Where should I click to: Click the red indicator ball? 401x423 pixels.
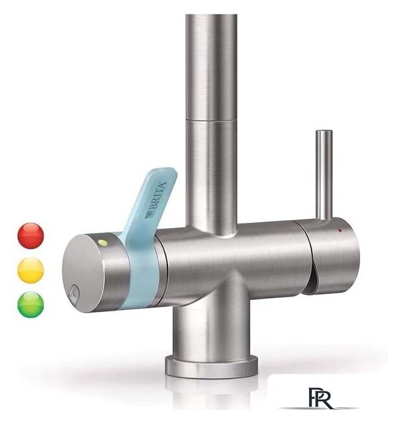point(30,236)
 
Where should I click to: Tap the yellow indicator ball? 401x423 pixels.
point(30,270)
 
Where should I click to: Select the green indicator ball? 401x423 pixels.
point(30,305)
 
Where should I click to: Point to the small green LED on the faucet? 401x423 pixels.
point(103,243)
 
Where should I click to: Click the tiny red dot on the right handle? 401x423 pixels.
point(340,230)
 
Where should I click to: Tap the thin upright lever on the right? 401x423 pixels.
point(324,175)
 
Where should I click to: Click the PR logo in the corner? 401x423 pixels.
point(320,398)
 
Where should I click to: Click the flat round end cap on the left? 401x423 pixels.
point(82,273)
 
